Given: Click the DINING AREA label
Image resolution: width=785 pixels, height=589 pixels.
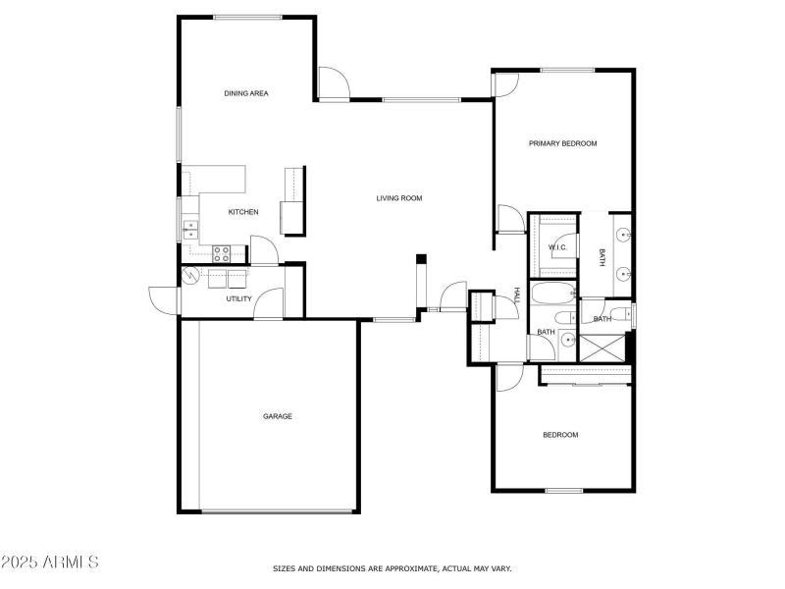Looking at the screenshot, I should tap(246, 93).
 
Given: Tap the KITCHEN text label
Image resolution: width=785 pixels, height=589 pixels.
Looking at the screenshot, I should tap(243, 212).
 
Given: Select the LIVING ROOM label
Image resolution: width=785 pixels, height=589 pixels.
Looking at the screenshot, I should tap(399, 198).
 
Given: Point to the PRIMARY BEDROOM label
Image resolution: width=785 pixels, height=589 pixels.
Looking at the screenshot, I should tap(562, 143).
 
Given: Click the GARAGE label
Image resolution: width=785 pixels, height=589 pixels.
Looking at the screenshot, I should tap(278, 416).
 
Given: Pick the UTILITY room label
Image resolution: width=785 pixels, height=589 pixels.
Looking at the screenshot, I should tap(239, 298).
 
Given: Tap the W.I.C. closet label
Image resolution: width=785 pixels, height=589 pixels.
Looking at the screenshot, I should tap(557, 247).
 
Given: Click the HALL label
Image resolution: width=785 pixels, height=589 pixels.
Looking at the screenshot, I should tap(516, 294).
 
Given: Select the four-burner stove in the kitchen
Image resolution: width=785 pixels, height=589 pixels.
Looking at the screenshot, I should tap(221, 251).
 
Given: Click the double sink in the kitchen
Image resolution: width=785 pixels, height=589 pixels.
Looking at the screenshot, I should tap(189, 231).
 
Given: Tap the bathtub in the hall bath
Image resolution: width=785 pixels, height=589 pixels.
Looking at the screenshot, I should tap(552, 294).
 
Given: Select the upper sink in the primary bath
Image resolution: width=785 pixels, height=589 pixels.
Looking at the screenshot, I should tap(623, 236).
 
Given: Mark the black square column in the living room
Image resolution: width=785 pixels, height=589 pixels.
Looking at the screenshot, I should tap(421, 259).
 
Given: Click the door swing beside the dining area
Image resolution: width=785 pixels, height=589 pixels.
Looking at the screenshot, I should tap(332, 83).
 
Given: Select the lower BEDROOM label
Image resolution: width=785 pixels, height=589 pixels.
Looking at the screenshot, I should tap(560, 435).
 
